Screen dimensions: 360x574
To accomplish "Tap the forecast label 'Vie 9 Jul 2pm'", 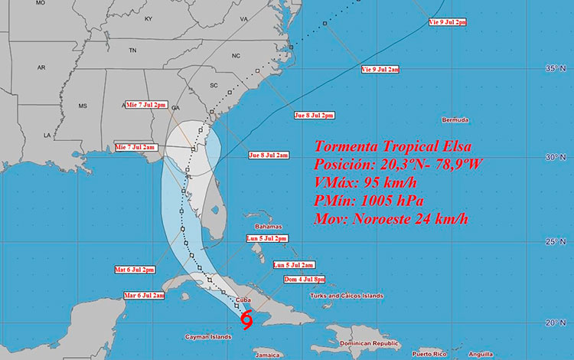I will click(x=447, y=22).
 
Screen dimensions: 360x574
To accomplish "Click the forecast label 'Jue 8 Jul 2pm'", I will click(x=314, y=116).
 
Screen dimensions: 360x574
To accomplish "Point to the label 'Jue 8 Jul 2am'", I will click(x=269, y=155).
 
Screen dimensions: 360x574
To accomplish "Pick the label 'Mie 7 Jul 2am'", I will click(x=135, y=146).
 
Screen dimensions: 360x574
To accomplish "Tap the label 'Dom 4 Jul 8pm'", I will click(x=304, y=280).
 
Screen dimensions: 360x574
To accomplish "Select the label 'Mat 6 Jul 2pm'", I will click(x=135, y=270).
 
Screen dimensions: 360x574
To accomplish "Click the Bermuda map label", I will click(x=455, y=121).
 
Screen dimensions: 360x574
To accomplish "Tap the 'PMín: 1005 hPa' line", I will click(x=370, y=201).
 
